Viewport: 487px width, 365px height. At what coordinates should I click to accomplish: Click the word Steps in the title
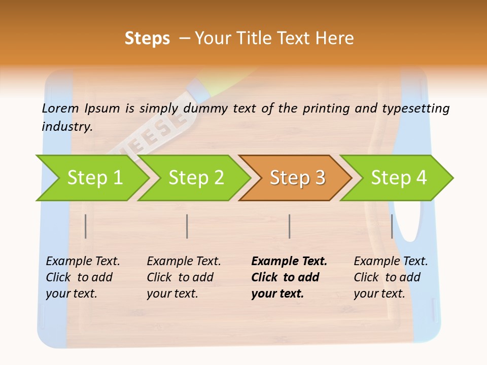(x=147, y=39)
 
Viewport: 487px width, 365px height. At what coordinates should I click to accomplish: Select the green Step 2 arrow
(x=196, y=178)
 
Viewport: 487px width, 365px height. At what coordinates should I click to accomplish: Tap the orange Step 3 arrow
(x=297, y=178)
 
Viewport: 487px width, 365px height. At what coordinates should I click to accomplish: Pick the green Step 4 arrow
(x=399, y=178)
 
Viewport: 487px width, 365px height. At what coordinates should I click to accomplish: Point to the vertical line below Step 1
(x=86, y=226)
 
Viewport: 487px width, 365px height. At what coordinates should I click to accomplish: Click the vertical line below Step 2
(x=187, y=226)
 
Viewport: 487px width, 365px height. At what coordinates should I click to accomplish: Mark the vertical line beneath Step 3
(x=289, y=226)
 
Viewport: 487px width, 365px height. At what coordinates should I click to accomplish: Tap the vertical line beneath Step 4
(x=392, y=226)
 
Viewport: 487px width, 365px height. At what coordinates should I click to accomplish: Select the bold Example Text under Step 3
(x=289, y=277)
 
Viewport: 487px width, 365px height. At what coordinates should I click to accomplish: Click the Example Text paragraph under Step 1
(x=83, y=277)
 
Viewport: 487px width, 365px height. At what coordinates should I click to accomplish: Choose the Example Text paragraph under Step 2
(x=184, y=277)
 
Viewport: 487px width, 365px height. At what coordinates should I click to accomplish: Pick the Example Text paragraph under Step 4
(x=391, y=277)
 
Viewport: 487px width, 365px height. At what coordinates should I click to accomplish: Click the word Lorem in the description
(x=60, y=108)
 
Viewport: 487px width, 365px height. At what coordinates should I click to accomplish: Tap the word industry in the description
(x=67, y=126)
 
